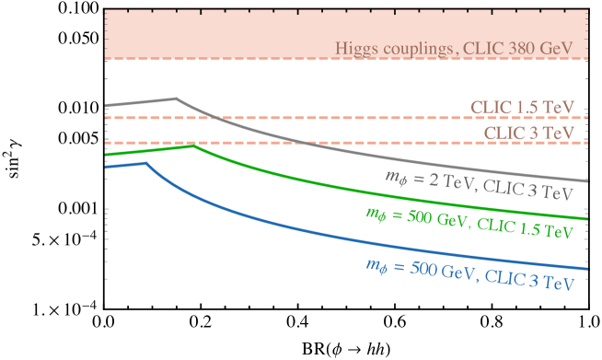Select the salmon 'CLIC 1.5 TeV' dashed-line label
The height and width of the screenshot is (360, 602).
pos(523,107)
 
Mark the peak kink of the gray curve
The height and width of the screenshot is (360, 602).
pos(176,99)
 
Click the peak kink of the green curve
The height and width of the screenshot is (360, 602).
pos(192,145)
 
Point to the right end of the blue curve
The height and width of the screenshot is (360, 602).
pos(587,269)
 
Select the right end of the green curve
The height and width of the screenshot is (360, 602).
pos(587,219)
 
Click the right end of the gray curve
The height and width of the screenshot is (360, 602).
pos(587,181)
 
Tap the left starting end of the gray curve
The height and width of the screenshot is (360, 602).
pos(106,106)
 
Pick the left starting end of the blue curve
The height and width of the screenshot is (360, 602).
pos(106,167)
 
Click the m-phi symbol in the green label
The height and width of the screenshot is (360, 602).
pos(375,214)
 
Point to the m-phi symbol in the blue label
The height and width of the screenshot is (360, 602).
pos(375,266)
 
